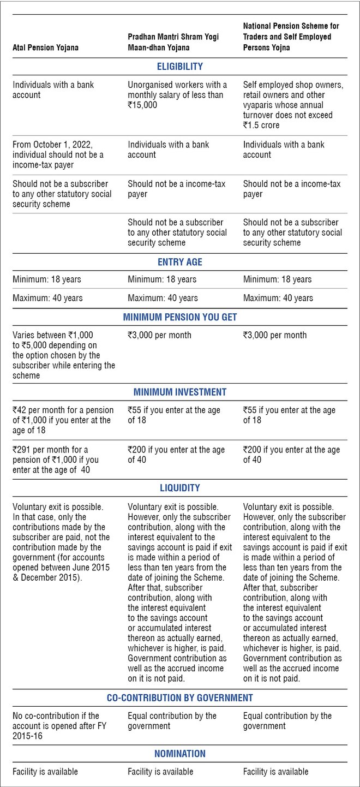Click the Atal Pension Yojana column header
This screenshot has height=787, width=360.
coord(45,47)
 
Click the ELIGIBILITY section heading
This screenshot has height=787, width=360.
coord(179,67)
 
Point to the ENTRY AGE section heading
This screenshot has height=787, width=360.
coord(179,262)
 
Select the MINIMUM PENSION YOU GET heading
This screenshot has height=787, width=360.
coord(179,317)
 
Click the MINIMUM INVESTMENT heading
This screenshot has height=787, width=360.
coord(179,392)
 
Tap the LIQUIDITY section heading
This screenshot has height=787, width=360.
coord(179,488)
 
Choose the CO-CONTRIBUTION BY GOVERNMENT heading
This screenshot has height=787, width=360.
coord(179,697)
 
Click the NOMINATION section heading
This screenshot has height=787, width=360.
coord(179,754)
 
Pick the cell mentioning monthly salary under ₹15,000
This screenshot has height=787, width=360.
coord(177,94)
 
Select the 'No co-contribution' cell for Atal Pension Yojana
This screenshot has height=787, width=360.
coord(56,725)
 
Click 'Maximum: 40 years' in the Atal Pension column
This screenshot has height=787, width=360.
coord(47,298)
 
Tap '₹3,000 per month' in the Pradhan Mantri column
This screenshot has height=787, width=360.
coord(159,335)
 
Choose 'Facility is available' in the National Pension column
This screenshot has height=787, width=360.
coord(275,771)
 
